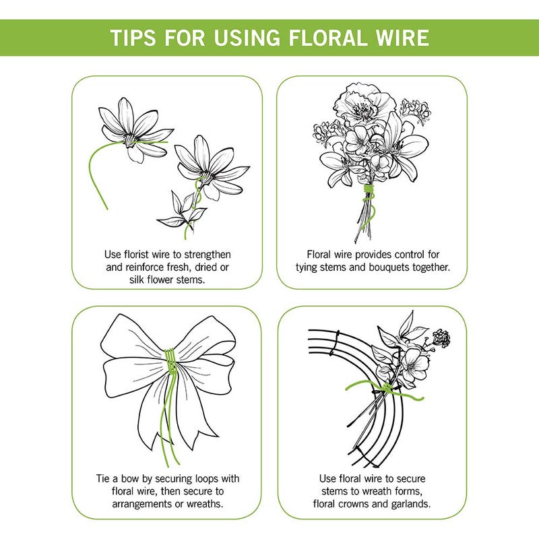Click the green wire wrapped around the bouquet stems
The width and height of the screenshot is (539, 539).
(367, 195)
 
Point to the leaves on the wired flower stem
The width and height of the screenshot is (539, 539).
(182, 209)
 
